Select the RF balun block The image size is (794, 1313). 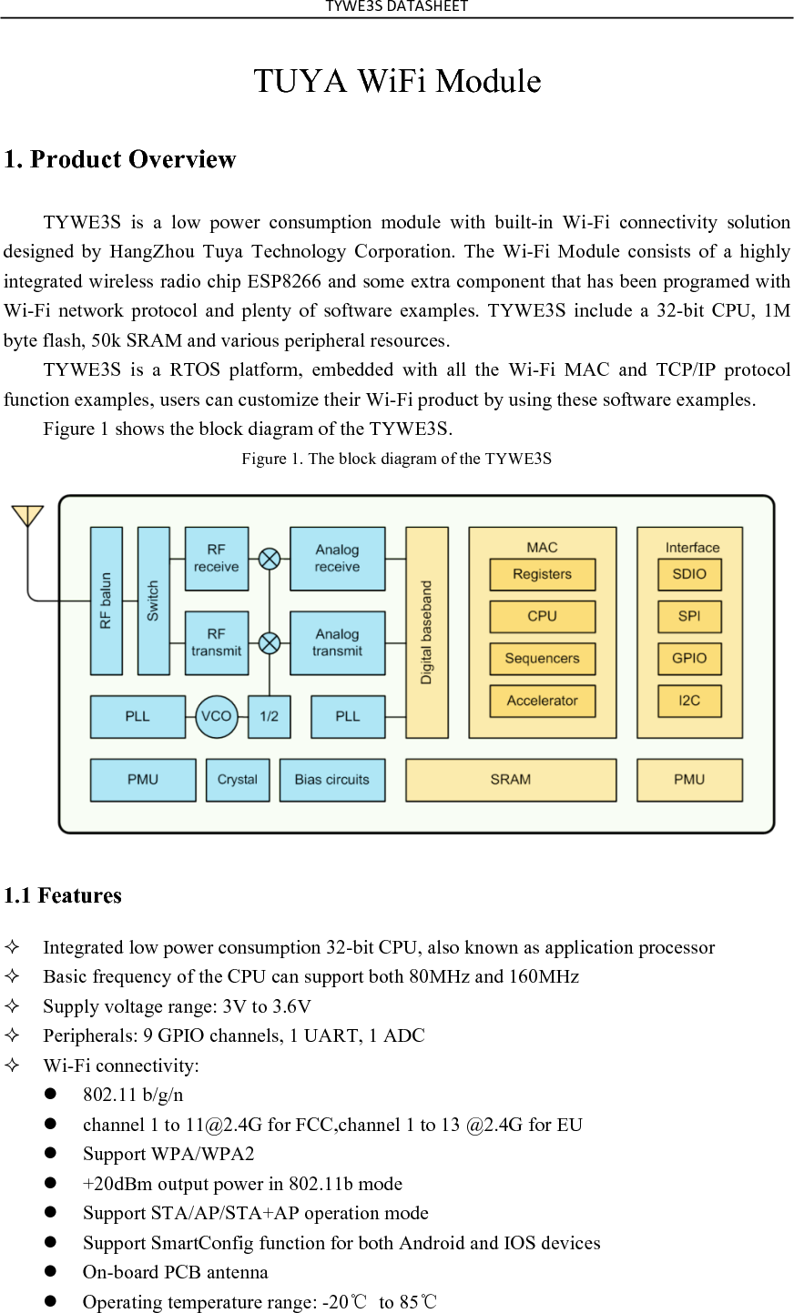(x=106, y=601)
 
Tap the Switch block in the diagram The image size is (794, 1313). (x=153, y=601)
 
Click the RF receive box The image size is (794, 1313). (x=216, y=558)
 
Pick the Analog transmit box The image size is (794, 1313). (x=337, y=642)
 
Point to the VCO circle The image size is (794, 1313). (x=217, y=716)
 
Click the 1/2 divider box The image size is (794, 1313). (x=269, y=716)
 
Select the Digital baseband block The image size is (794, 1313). (x=426, y=632)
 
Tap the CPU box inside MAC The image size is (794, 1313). (x=542, y=616)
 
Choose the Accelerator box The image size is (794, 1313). (x=542, y=701)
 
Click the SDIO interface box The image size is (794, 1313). (x=689, y=574)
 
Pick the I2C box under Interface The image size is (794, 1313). (x=689, y=701)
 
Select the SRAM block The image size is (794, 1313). (x=510, y=780)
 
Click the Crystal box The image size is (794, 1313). (x=238, y=780)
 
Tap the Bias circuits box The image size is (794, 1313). (x=332, y=780)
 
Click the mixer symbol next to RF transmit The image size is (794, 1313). (x=270, y=643)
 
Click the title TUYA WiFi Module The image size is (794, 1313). (x=397, y=81)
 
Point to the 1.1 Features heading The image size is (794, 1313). (x=63, y=895)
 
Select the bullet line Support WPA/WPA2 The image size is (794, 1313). (x=168, y=1154)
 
